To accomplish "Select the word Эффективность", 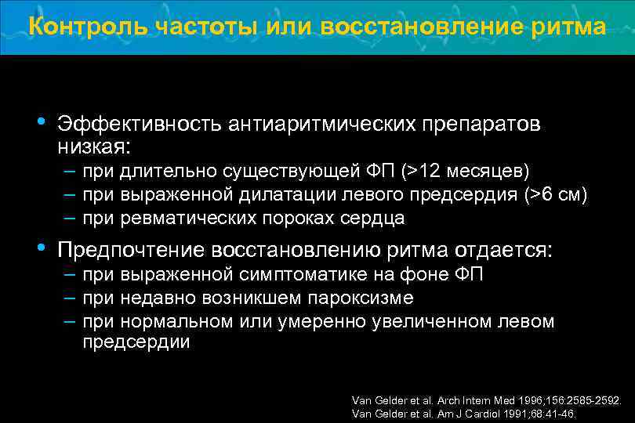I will (x=138, y=125).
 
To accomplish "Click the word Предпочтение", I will (x=130, y=251).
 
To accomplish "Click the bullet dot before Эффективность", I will (x=42, y=123).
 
